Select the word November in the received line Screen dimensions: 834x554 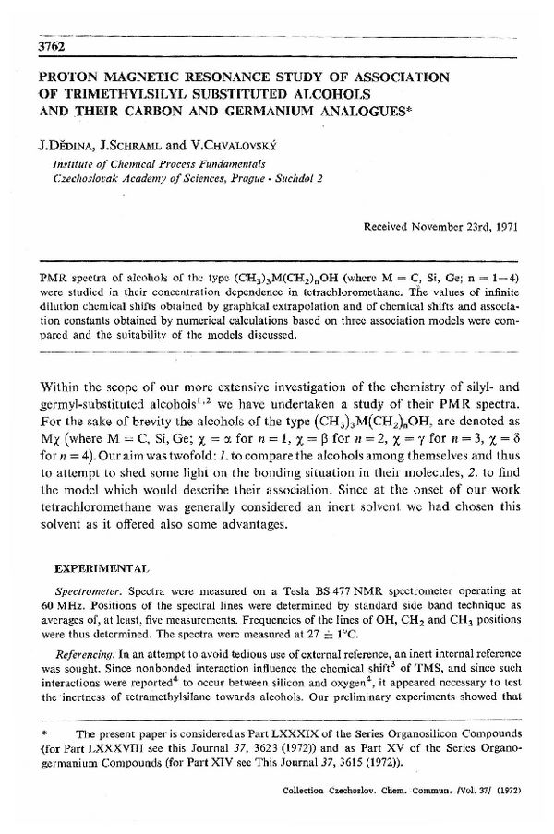tap(447, 226)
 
